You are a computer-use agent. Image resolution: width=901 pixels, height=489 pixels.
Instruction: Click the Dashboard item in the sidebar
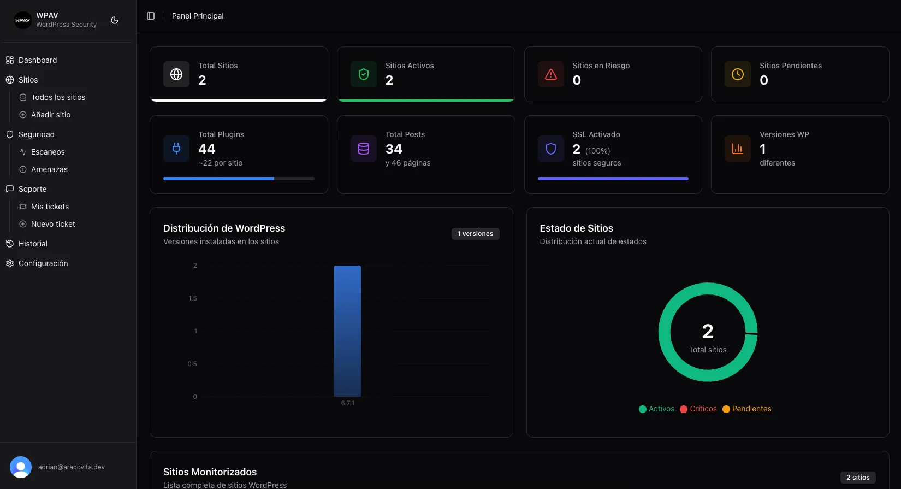(37, 60)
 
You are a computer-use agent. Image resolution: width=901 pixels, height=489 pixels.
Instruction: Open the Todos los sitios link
(58, 97)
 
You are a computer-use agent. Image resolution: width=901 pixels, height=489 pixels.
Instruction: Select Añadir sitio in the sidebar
(50, 115)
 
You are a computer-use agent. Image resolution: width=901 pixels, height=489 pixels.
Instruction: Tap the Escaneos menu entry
(48, 152)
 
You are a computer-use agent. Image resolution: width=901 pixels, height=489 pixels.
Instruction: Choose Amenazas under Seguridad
(49, 169)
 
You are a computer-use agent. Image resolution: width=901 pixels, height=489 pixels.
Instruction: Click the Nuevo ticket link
(53, 224)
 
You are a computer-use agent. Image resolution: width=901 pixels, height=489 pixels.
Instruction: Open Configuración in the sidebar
(43, 263)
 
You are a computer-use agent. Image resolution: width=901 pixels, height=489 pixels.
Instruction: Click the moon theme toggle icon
(115, 20)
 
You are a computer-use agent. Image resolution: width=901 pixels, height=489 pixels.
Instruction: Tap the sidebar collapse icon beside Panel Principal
(151, 16)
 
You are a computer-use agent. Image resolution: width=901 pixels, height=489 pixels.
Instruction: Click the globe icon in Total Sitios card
(176, 74)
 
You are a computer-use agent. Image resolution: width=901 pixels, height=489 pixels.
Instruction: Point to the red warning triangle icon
(551, 74)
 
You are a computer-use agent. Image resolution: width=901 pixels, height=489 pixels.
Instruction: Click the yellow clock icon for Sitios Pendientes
(738, 74)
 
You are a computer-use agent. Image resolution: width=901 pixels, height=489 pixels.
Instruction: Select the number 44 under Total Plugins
(206, 149)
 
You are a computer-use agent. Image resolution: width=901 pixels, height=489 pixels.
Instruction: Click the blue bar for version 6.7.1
(347, 331)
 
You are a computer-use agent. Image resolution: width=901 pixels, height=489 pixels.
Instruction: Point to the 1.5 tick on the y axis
(192, 298)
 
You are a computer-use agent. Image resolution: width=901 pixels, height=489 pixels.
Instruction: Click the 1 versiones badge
(475, 234)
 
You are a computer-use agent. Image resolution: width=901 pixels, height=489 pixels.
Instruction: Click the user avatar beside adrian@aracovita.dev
(21, 467)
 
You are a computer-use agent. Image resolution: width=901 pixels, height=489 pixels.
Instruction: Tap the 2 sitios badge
(858, 478)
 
